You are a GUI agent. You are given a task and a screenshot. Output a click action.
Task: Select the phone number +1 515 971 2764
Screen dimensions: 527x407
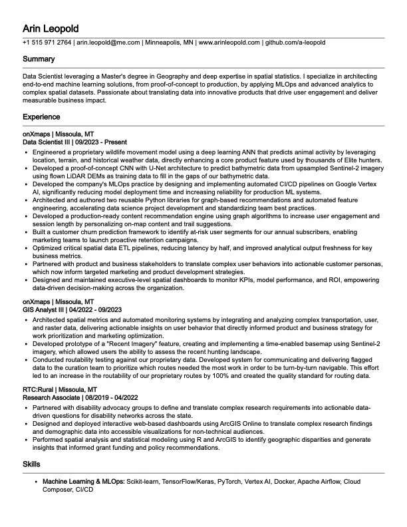click(47, 43)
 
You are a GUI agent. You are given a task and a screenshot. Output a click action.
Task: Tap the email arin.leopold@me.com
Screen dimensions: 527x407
click(108, 43)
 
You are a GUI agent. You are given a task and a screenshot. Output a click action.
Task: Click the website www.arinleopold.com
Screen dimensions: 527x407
click(229, 43)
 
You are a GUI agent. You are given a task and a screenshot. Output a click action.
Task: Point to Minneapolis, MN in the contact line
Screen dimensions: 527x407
click(170, 43)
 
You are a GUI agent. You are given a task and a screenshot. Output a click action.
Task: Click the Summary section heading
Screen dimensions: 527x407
click(39, 60)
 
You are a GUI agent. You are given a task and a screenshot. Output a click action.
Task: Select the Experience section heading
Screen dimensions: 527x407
click(41, 117)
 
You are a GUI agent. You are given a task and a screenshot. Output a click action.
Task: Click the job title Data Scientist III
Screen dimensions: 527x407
click(49, 142)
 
